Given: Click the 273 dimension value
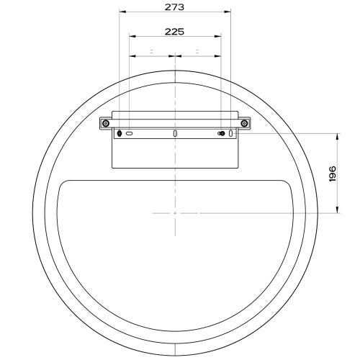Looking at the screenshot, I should point(174,6).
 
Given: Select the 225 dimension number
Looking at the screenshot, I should point(174,31).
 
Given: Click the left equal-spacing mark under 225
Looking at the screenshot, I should point(152,51).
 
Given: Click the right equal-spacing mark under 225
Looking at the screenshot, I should point(197,51).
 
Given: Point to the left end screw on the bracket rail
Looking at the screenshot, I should point(105,124).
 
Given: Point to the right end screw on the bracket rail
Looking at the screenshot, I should point(244,124).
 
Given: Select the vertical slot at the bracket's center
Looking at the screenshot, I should point(175,134).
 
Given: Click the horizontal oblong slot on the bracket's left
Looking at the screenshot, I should point(130,133).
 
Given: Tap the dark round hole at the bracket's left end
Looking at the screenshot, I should point(120,133).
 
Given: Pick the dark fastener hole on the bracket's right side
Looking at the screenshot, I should point(221,134).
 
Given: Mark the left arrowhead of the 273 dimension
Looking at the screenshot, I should point(122,12).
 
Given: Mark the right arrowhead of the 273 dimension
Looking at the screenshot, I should point(229,12).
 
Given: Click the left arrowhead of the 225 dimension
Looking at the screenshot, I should point(131,36).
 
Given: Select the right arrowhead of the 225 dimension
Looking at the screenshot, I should point(219,36).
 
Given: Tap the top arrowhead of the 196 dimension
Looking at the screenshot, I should point(338,135).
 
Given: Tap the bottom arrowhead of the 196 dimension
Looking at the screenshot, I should point(338,211).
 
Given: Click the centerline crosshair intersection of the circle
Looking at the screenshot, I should point(175,213).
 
